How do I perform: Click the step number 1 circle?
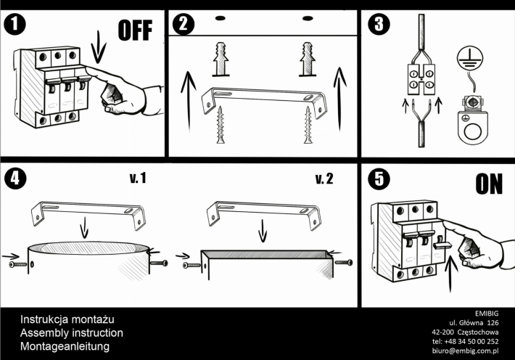[15, 25]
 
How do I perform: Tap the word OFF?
[136, 30]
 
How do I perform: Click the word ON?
[489, 184]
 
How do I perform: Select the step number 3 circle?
[379, 24]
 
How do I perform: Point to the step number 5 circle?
[379, 179]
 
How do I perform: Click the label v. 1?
[138, 179]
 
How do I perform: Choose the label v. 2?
[324, 179]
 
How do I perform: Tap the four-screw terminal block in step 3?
[421, 79]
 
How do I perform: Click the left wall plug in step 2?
[221, 60]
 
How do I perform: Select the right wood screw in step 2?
[308, 125]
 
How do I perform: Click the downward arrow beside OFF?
[98, 46]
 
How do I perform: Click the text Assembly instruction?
[72, 332]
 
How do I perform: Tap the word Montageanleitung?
[65, 346]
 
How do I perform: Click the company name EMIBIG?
[487, 314]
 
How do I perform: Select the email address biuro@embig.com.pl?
[466, 351]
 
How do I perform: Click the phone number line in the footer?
[466, 342]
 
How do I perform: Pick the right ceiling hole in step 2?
[308, 18]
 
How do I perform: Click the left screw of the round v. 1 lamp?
[18, 264]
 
